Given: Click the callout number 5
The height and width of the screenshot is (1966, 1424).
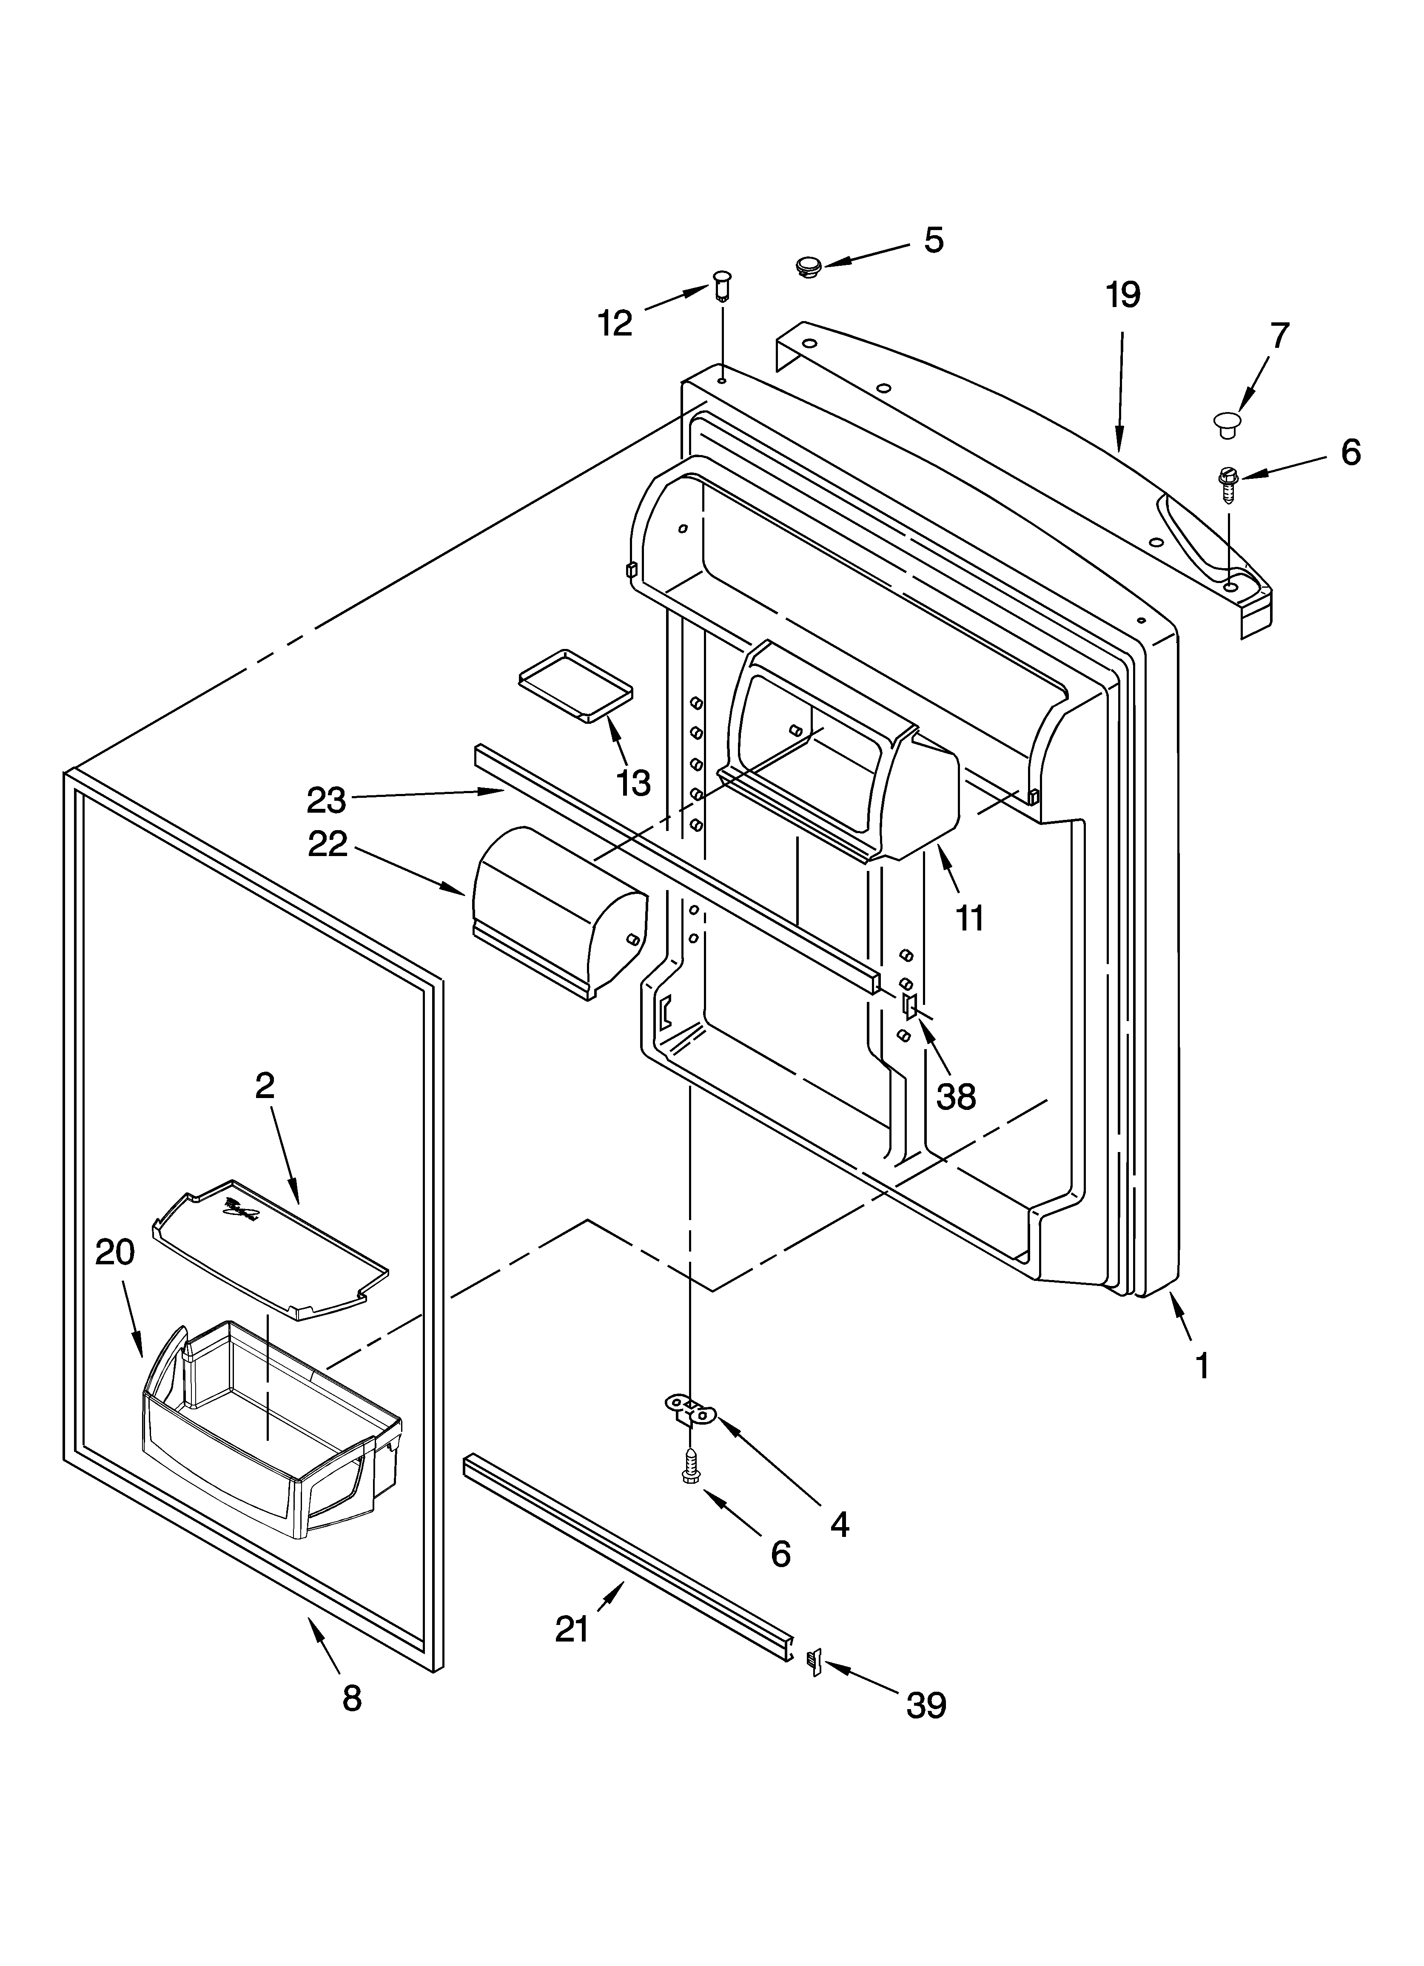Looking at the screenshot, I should [933, 240].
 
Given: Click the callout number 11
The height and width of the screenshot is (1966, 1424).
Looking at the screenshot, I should [970, 917].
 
